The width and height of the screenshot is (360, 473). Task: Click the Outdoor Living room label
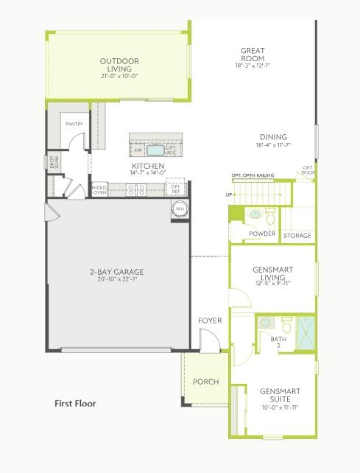[x=120, y=65]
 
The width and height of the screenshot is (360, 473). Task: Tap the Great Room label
[x=253, y=55]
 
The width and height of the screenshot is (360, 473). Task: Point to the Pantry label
[x=74, y=124]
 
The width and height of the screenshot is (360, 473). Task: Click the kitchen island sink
[x=155, y=150]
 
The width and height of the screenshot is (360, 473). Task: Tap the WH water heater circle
[x=180, y=209]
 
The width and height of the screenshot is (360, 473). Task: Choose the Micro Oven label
[x=100, y=190]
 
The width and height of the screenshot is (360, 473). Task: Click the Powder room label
[x=262, y=234]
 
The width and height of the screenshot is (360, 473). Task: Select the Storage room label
[x=297, y=236]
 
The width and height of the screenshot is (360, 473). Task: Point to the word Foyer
[x=210, y=320]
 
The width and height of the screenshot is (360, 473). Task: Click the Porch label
[x=206, y=382]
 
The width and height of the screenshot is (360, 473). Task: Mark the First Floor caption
[x=75, y=404]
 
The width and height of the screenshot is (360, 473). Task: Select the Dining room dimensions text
[x=274, y=145]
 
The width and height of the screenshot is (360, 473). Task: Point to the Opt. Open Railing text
[x=253, y=175]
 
